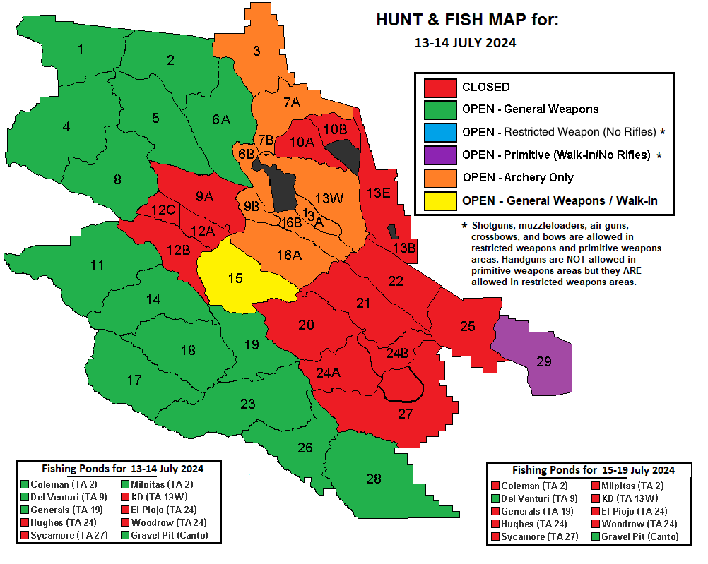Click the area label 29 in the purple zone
coord(543,361)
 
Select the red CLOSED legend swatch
coord(439,88)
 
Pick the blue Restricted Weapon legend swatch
coord(439,132)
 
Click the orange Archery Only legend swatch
coord(439,177)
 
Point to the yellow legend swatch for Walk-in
coord(439,200)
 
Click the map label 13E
coord(379,192)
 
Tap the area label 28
coord(374,479)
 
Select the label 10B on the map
coord(335,128)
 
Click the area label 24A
coord(329,373)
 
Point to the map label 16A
coord(288,255)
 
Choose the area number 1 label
coord(81,49)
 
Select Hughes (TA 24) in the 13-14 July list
coord(69,523)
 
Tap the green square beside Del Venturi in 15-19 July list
coord(495,498)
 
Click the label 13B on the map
coord(404,248)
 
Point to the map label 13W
coord(329,198)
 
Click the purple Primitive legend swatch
coord(439,155)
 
